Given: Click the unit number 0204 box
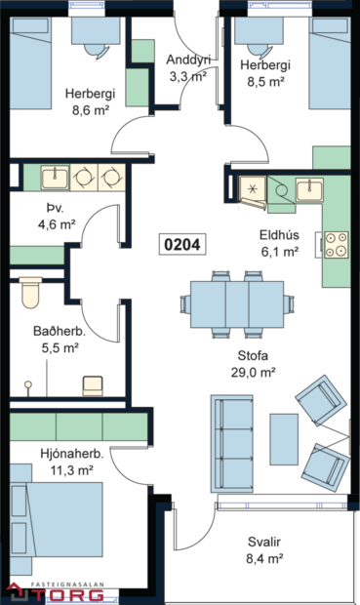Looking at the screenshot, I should click(181, 244).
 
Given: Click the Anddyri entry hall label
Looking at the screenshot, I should click(188, 65).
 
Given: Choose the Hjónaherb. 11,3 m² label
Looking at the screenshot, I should click(72, 462).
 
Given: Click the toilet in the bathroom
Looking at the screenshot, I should click(29, 292).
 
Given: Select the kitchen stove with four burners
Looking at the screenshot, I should click(336, 244).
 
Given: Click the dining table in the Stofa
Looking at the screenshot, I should click(237, 305).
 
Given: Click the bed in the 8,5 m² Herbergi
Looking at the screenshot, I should click(329, 64).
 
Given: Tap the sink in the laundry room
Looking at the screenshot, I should click(55, 178).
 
